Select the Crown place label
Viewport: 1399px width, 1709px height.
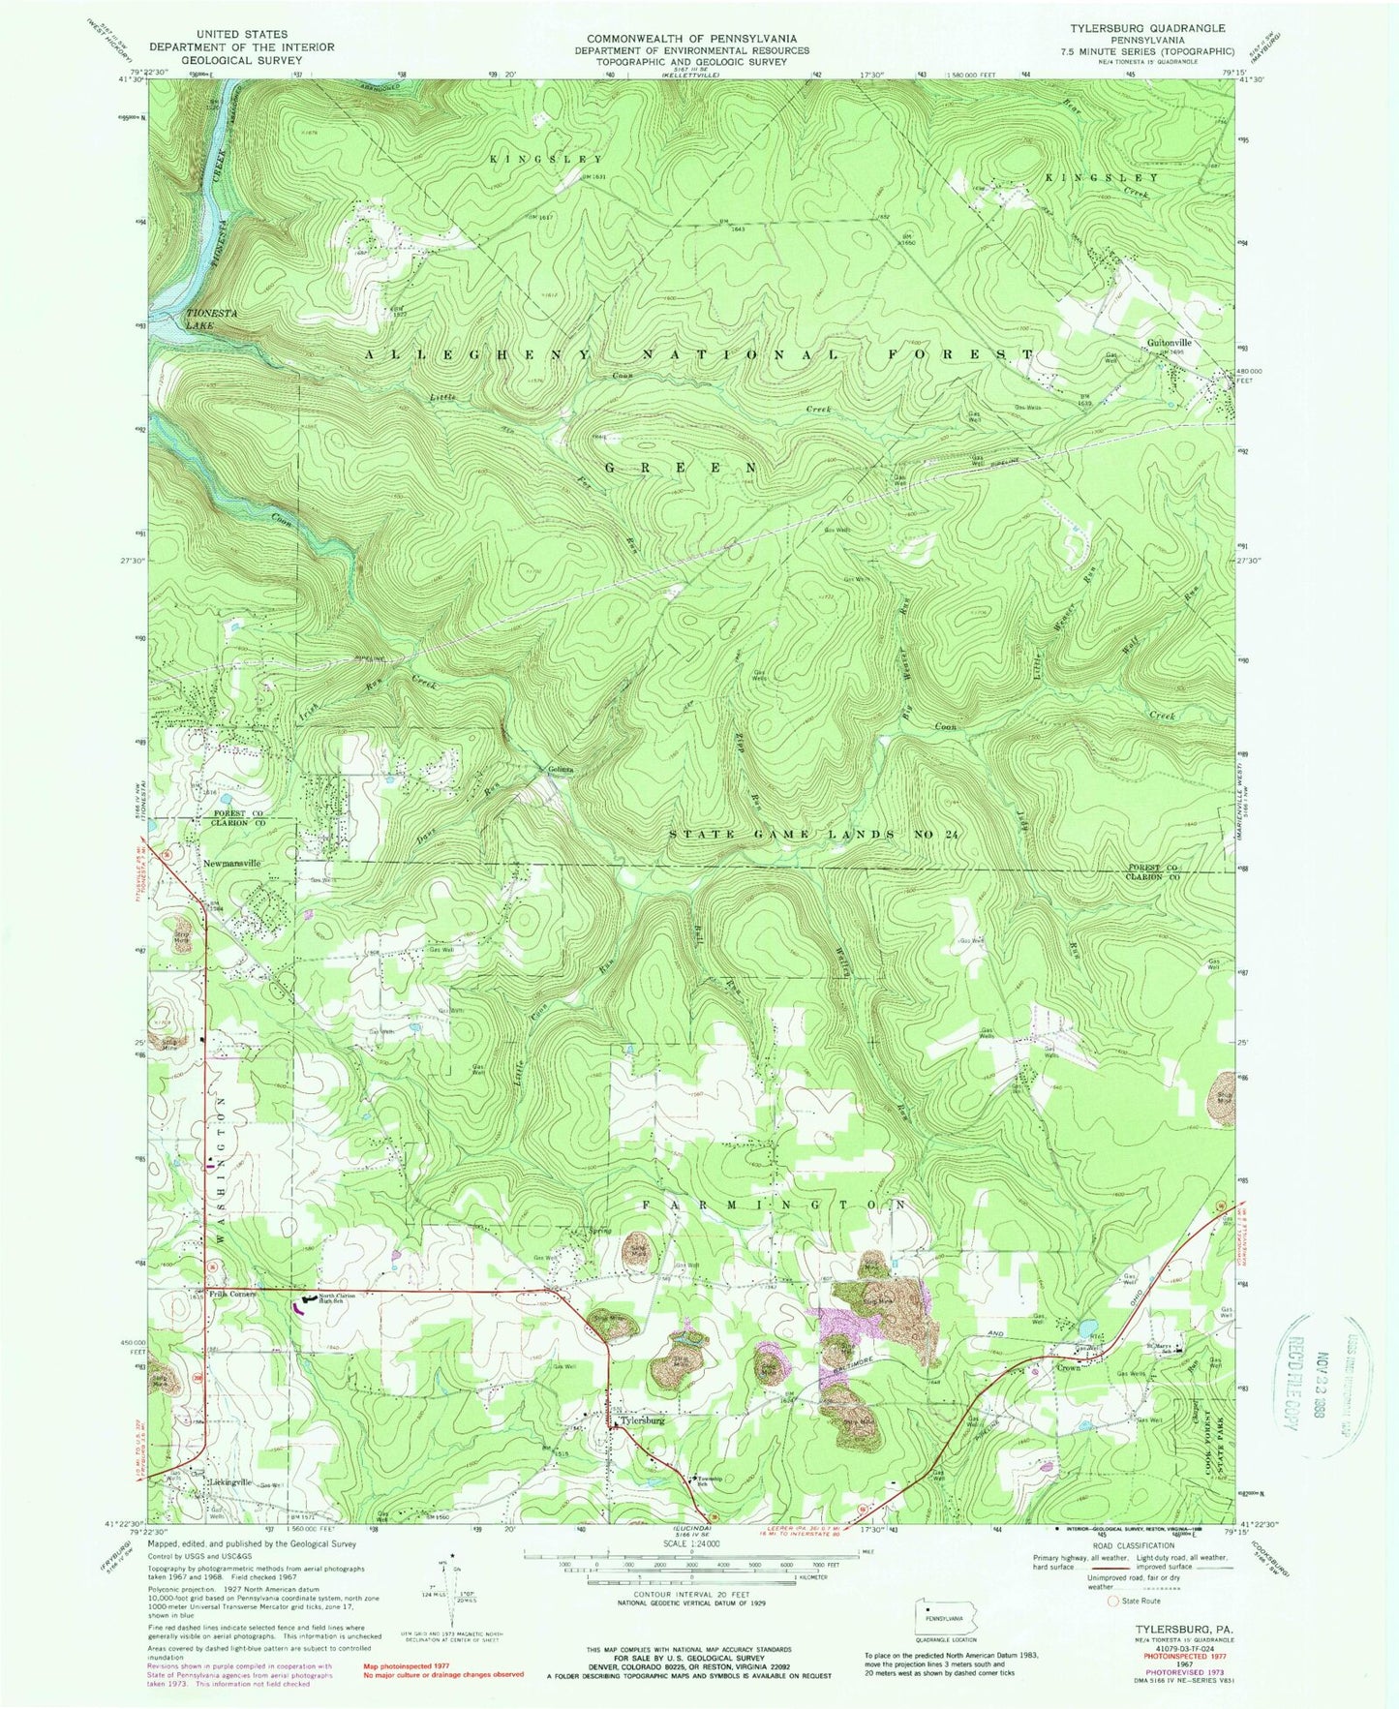pos(1068,1368)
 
